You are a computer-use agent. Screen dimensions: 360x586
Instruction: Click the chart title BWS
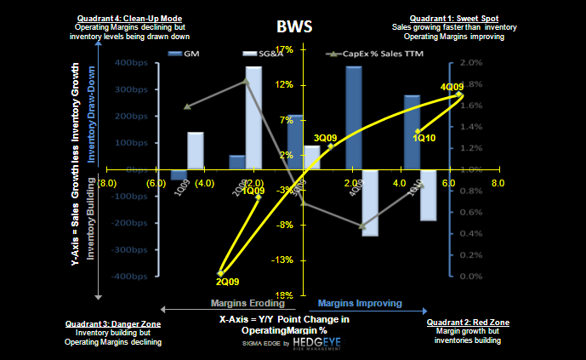coord(293,26)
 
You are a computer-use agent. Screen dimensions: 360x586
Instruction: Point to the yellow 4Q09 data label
coord(451,87)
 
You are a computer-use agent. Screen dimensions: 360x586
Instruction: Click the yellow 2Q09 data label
coord(227,282)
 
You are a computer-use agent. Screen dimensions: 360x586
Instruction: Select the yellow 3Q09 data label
coord(326,137)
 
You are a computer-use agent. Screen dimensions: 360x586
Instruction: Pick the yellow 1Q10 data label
coord(424,137)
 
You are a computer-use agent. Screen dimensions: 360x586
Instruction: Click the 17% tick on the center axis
coord(286,49)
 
